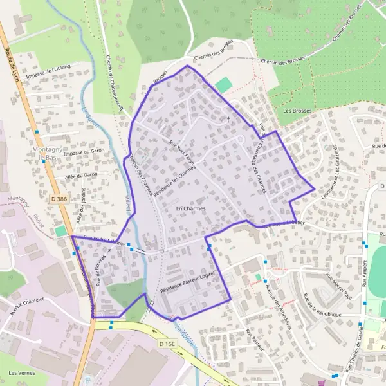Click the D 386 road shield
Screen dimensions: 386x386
tap(59, 199)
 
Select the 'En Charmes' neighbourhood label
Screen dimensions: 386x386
tap(190, 209)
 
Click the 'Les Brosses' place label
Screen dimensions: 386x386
tap(297, 111)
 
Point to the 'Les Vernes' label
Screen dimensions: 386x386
tap(21, 373)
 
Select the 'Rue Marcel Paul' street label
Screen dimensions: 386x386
tap(341, 287)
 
